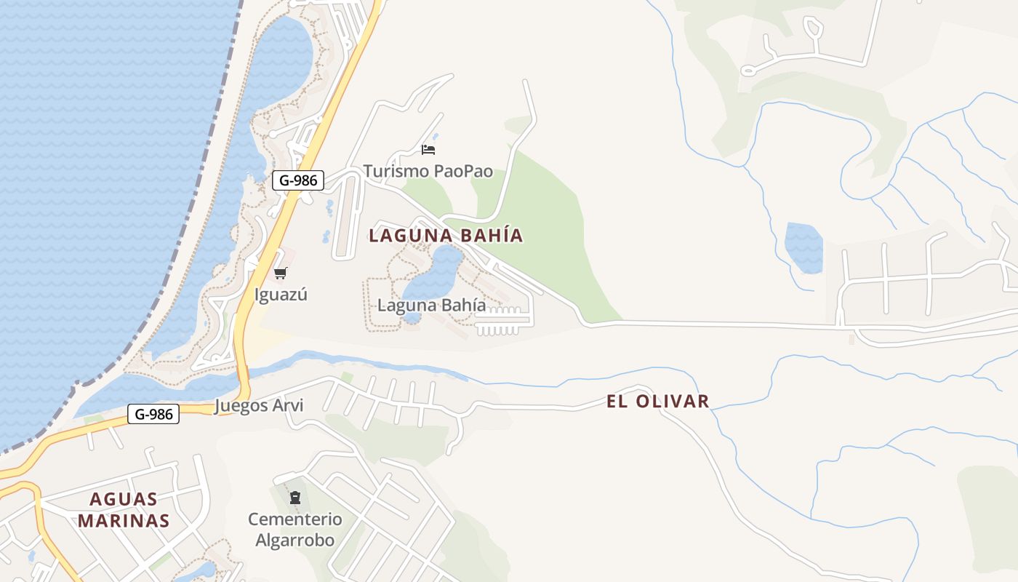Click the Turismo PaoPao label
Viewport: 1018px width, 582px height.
click(x=428, y=172)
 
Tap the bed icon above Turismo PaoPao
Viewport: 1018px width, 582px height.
click(x=428, y=150)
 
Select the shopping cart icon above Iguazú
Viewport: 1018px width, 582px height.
click(x=280, y=273)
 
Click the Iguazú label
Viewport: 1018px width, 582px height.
click(x=281, y=295)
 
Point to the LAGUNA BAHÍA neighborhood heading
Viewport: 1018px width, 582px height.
click(x=446, y=236)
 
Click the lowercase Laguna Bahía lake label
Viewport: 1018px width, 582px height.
click(x=431, y=306)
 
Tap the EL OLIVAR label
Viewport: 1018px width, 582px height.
click(x=657, y=402)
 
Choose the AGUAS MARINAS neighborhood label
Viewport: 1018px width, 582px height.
click(x=124, y=510)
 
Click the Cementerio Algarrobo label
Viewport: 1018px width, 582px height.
click(x=294, y=530)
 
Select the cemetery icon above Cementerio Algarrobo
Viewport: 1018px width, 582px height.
click(x=294, y=498)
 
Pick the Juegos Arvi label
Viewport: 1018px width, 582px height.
click(x=259, y=406)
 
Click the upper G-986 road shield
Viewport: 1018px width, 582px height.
click(x=297, y=180)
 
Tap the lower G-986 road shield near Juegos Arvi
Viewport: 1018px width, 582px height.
click(x=153, y=415)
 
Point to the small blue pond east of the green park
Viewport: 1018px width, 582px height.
click(x=803, y=247)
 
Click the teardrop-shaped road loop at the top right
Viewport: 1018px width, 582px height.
click(x=813, y=28)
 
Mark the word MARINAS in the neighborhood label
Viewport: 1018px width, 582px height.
click(x=124, y=521)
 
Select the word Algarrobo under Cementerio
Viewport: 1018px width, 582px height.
click(x=294, y=541)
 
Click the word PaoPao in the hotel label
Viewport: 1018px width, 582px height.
click(x=462, y=172)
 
